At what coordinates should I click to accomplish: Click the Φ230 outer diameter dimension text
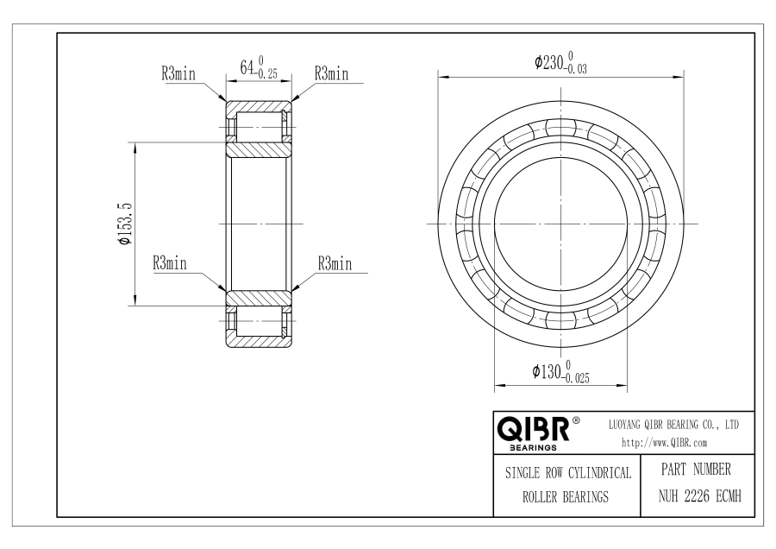point(560,62)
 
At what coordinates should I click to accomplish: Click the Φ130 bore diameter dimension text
point(560,372)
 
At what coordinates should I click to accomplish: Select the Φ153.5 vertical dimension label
point(124,224)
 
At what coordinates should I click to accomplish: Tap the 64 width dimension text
point(259,67)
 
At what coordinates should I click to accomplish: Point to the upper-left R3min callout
point(178,74)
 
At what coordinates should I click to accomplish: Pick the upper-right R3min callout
point(331,74)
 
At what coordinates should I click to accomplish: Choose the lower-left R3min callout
point(170,262)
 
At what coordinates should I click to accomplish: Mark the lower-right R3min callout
point(335,263)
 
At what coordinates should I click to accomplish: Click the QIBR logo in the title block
point(533,429)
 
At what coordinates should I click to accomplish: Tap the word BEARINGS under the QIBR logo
point(533,448)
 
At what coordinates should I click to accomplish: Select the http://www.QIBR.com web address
point(664,443)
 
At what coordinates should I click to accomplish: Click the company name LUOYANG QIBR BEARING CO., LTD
point(673,425)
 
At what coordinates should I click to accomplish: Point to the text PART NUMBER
point(696,470)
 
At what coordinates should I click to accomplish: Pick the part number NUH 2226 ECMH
point(700,496)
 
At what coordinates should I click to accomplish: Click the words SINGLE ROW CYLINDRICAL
point(568,473)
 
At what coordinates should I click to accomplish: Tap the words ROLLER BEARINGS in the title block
point(566,497)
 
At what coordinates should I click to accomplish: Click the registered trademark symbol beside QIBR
point(576,420)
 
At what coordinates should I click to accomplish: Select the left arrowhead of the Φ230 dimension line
point(443,78)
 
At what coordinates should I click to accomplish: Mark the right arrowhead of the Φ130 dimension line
point(622,384)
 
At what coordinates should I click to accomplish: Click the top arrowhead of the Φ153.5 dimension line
point(135,148)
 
